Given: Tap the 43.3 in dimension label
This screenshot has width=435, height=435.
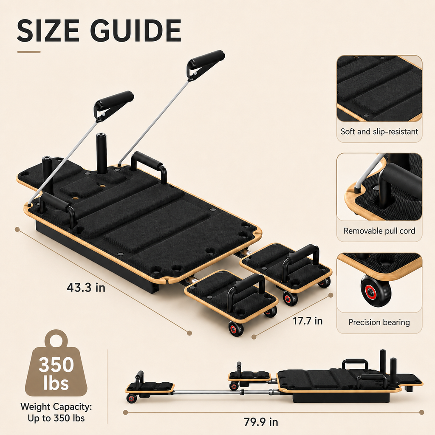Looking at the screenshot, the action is pos(86,288).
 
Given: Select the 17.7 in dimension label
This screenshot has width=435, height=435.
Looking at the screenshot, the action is pos(308,321).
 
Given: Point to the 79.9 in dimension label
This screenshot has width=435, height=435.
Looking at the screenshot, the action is pos(261,422).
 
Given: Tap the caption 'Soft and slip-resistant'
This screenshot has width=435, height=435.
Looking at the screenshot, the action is pos(379,131).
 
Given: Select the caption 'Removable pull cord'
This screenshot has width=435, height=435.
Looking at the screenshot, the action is pos(379,231).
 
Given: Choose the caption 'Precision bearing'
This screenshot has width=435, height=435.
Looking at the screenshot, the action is pos(379,322).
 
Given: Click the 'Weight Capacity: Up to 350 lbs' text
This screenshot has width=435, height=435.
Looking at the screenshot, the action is pos(56,412).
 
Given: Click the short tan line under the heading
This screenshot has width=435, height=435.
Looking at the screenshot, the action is pos(29,51).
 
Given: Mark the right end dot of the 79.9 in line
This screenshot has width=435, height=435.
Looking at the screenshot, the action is pos(422,412).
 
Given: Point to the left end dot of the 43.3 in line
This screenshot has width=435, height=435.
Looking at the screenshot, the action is pos(17,229).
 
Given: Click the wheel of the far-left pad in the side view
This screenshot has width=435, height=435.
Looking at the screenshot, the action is pos(131,398).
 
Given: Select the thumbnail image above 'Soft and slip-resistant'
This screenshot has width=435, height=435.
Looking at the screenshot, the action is pos(379,88).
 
